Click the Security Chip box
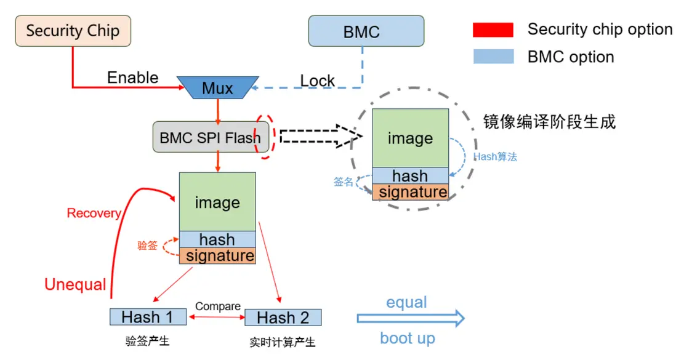[73, 31]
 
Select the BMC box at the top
[366, 31]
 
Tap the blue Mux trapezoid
[217, 88]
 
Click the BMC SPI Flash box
[209, 137]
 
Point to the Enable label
[132, 78]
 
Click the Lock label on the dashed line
[317, 81]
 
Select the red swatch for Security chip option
[493, 30]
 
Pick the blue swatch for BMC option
[493, 57]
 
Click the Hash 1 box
[148, 317]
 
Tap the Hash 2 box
[283, 318]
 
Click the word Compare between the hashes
[218, 306]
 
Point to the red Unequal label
[75, 284]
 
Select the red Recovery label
[94, 214]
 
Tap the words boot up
[407, 338]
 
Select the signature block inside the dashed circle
[410, 192]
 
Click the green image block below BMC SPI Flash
[217, 202]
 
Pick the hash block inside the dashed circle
[410, 175]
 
